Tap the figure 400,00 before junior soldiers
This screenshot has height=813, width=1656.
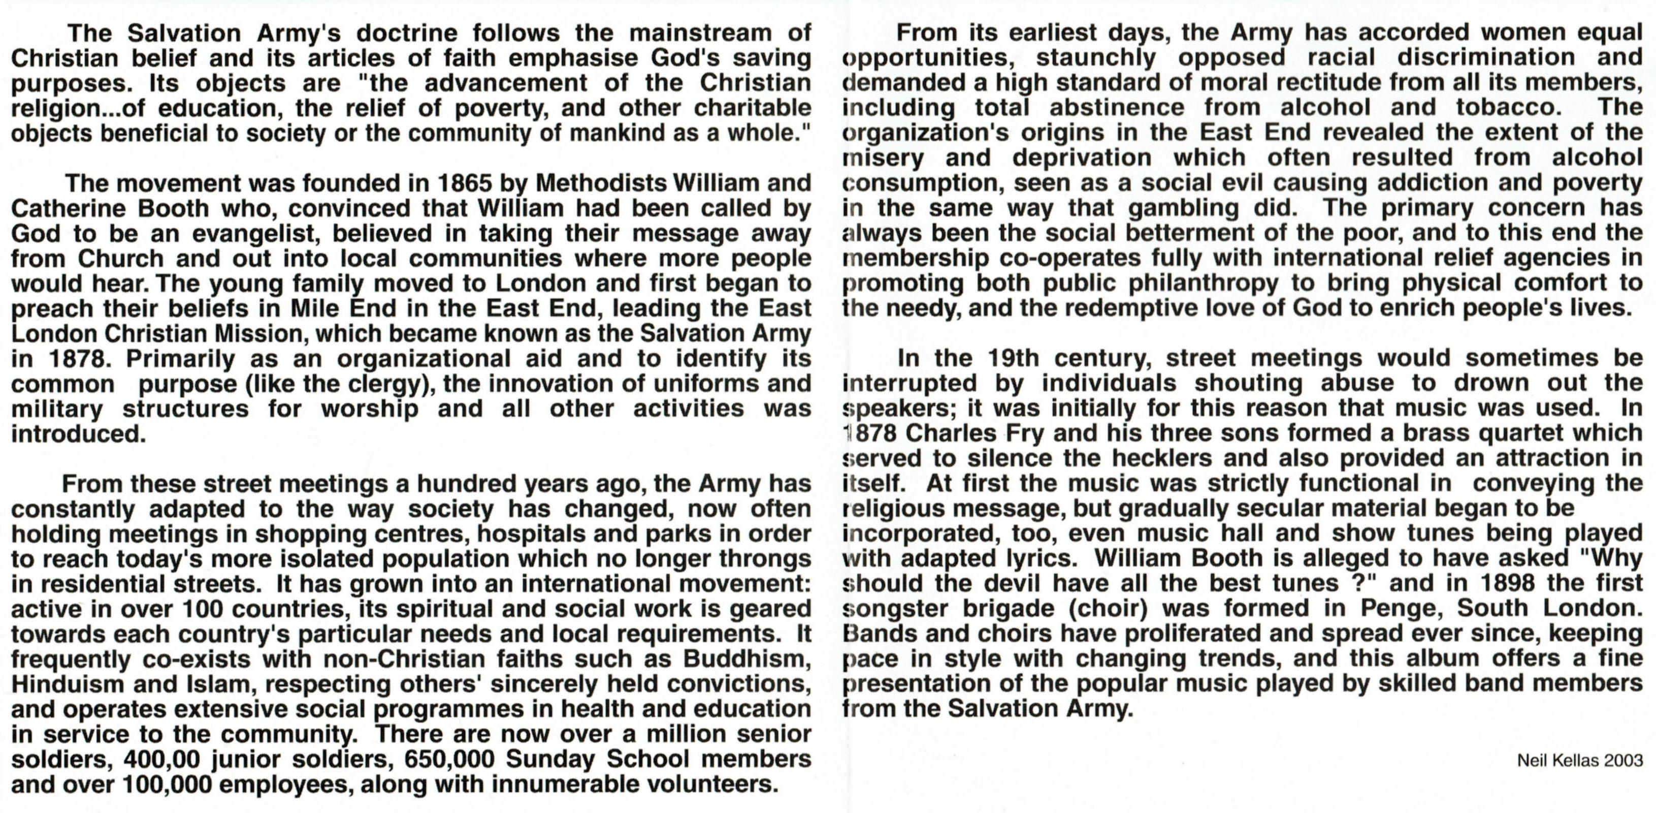tap(162, 760)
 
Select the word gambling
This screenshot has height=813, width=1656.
tap(1183, 208)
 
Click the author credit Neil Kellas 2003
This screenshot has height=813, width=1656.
tap(1579, 760)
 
